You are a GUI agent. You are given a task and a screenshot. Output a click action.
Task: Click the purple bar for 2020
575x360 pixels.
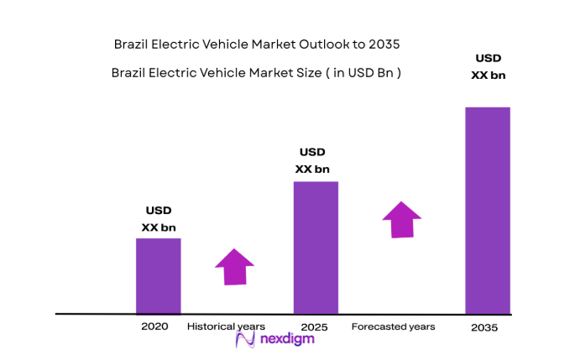point(158,275)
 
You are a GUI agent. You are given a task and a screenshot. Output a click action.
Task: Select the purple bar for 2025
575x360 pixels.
point(316,248)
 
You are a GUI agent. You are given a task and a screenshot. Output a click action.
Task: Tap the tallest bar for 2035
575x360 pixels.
point(488,210)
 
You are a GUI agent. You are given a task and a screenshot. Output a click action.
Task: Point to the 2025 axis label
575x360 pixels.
point(313,326)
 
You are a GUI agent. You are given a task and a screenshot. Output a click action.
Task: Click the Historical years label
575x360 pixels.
point(226,326)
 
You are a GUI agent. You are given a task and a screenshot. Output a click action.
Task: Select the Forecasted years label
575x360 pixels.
point(393,326)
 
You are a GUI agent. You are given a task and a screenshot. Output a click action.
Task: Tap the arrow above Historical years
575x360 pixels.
point(234,268)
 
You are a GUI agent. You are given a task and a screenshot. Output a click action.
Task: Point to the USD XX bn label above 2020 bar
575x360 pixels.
point(159,219)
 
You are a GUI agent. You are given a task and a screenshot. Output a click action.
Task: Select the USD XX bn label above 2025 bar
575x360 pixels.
point(312,160)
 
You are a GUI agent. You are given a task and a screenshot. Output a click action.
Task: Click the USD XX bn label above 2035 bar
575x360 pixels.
point(488,67)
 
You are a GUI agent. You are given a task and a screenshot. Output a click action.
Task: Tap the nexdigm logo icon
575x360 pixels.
point(245,340)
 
